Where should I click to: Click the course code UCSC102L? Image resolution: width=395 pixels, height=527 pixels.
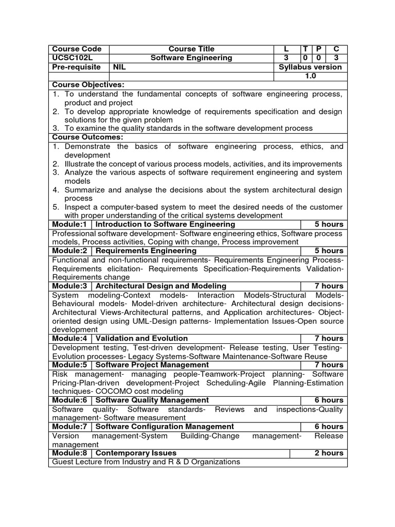coord(73,58)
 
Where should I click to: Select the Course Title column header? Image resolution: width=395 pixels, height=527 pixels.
coord(191,49)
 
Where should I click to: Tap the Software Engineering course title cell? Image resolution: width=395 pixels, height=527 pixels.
coord(191,58)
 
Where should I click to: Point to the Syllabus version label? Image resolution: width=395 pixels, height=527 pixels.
coord(310,67)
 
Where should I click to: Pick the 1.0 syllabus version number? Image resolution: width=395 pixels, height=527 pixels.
coord(310,76)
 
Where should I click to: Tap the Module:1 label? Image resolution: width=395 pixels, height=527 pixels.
coord(71,224)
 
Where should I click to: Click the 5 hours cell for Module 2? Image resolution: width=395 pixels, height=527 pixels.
coord(329,251)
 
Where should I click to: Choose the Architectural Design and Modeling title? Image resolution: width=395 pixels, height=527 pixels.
coord(161,286)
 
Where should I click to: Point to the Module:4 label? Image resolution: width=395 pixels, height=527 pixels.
coord(71,338)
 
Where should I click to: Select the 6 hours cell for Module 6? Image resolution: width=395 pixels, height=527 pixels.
coord(329,400)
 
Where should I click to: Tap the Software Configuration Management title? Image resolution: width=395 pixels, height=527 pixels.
coord(165,426)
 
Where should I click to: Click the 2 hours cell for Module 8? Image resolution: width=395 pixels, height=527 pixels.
coord(329,453)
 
